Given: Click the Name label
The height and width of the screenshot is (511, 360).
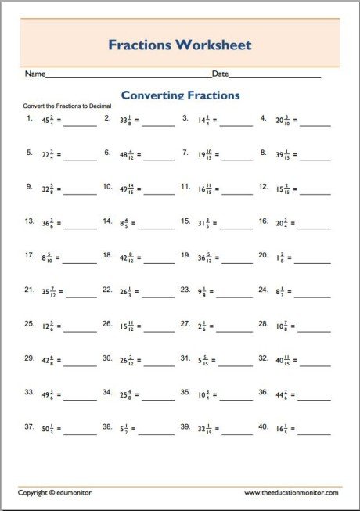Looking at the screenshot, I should [34, 74].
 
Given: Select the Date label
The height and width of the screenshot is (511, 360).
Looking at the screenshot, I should [220, 74].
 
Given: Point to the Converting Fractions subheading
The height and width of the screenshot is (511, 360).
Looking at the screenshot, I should [180, 95].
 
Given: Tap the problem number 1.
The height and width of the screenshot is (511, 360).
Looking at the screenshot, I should [29, 119].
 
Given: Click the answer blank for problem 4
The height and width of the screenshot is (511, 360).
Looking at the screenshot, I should [315, 124].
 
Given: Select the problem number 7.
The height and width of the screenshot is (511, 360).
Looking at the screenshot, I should [185, 153].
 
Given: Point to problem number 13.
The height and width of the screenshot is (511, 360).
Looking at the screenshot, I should [30, 221].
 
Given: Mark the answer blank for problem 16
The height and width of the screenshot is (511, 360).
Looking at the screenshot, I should [315, 226].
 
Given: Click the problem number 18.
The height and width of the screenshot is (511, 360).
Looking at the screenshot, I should [108, 255].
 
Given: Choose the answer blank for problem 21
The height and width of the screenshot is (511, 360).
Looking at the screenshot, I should [80, 294].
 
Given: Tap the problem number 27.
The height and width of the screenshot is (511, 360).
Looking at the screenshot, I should [186, 323].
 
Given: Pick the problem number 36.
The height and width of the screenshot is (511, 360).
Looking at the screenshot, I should [264, 391].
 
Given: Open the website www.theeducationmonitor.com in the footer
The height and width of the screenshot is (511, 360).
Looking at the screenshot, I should [291, 493].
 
